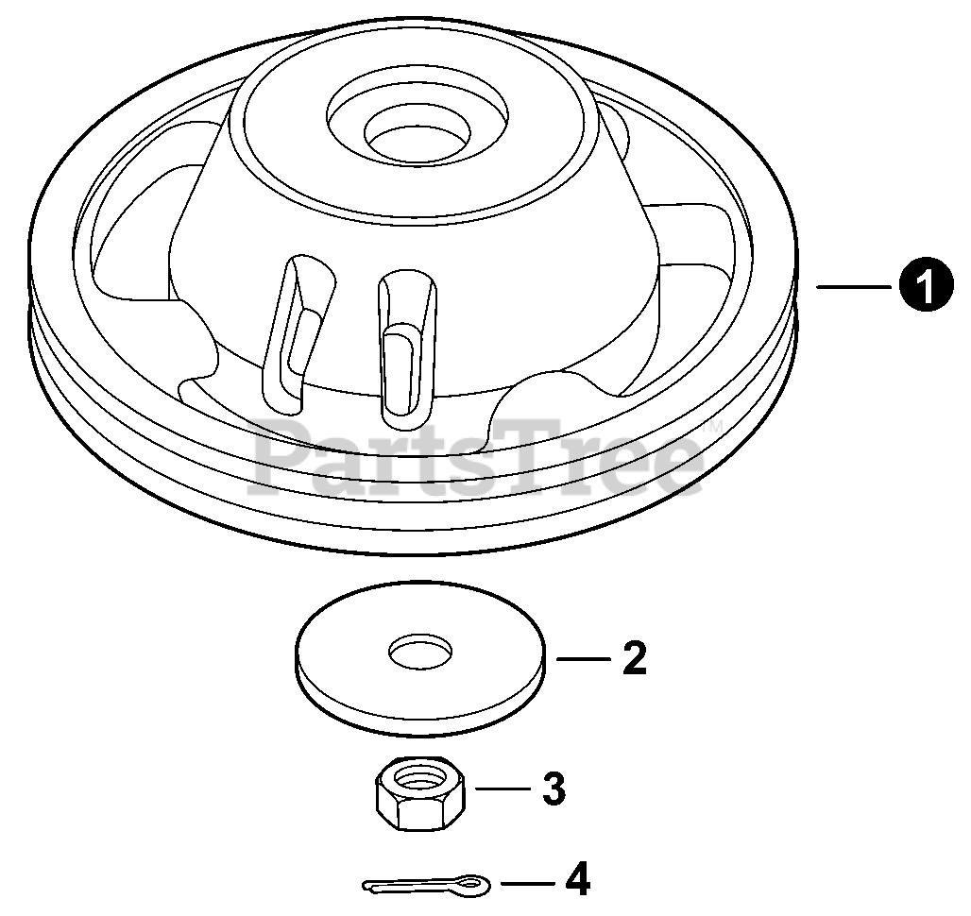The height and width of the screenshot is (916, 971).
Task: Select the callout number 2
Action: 634,658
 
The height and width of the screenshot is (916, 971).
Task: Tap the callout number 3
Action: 554,788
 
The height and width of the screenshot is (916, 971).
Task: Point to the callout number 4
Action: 577,882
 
